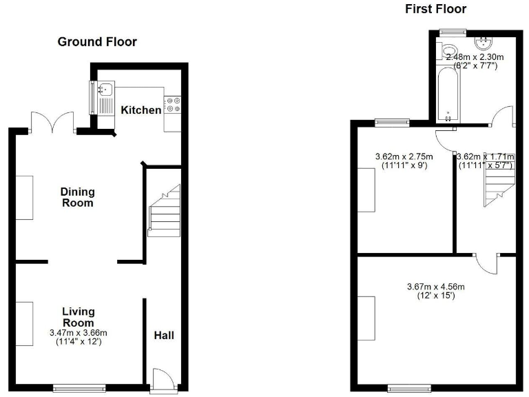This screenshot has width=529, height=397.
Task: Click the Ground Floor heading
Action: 96,42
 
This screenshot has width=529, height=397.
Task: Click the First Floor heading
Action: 436,9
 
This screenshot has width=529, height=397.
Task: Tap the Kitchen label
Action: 141,110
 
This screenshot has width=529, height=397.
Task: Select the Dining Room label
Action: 77,197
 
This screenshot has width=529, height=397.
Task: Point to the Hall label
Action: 164,336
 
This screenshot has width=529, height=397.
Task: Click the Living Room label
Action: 77,317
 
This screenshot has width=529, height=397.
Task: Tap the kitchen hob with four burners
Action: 173,103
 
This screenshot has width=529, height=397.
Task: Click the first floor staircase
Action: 499,182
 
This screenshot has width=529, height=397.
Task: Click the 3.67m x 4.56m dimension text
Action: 436,287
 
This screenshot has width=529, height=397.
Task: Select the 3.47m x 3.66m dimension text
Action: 79,333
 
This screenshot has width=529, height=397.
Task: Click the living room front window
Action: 79,387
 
